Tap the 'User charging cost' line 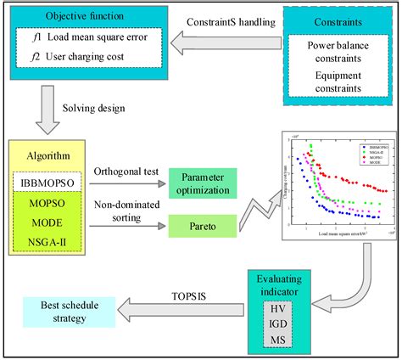pos(89,59)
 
